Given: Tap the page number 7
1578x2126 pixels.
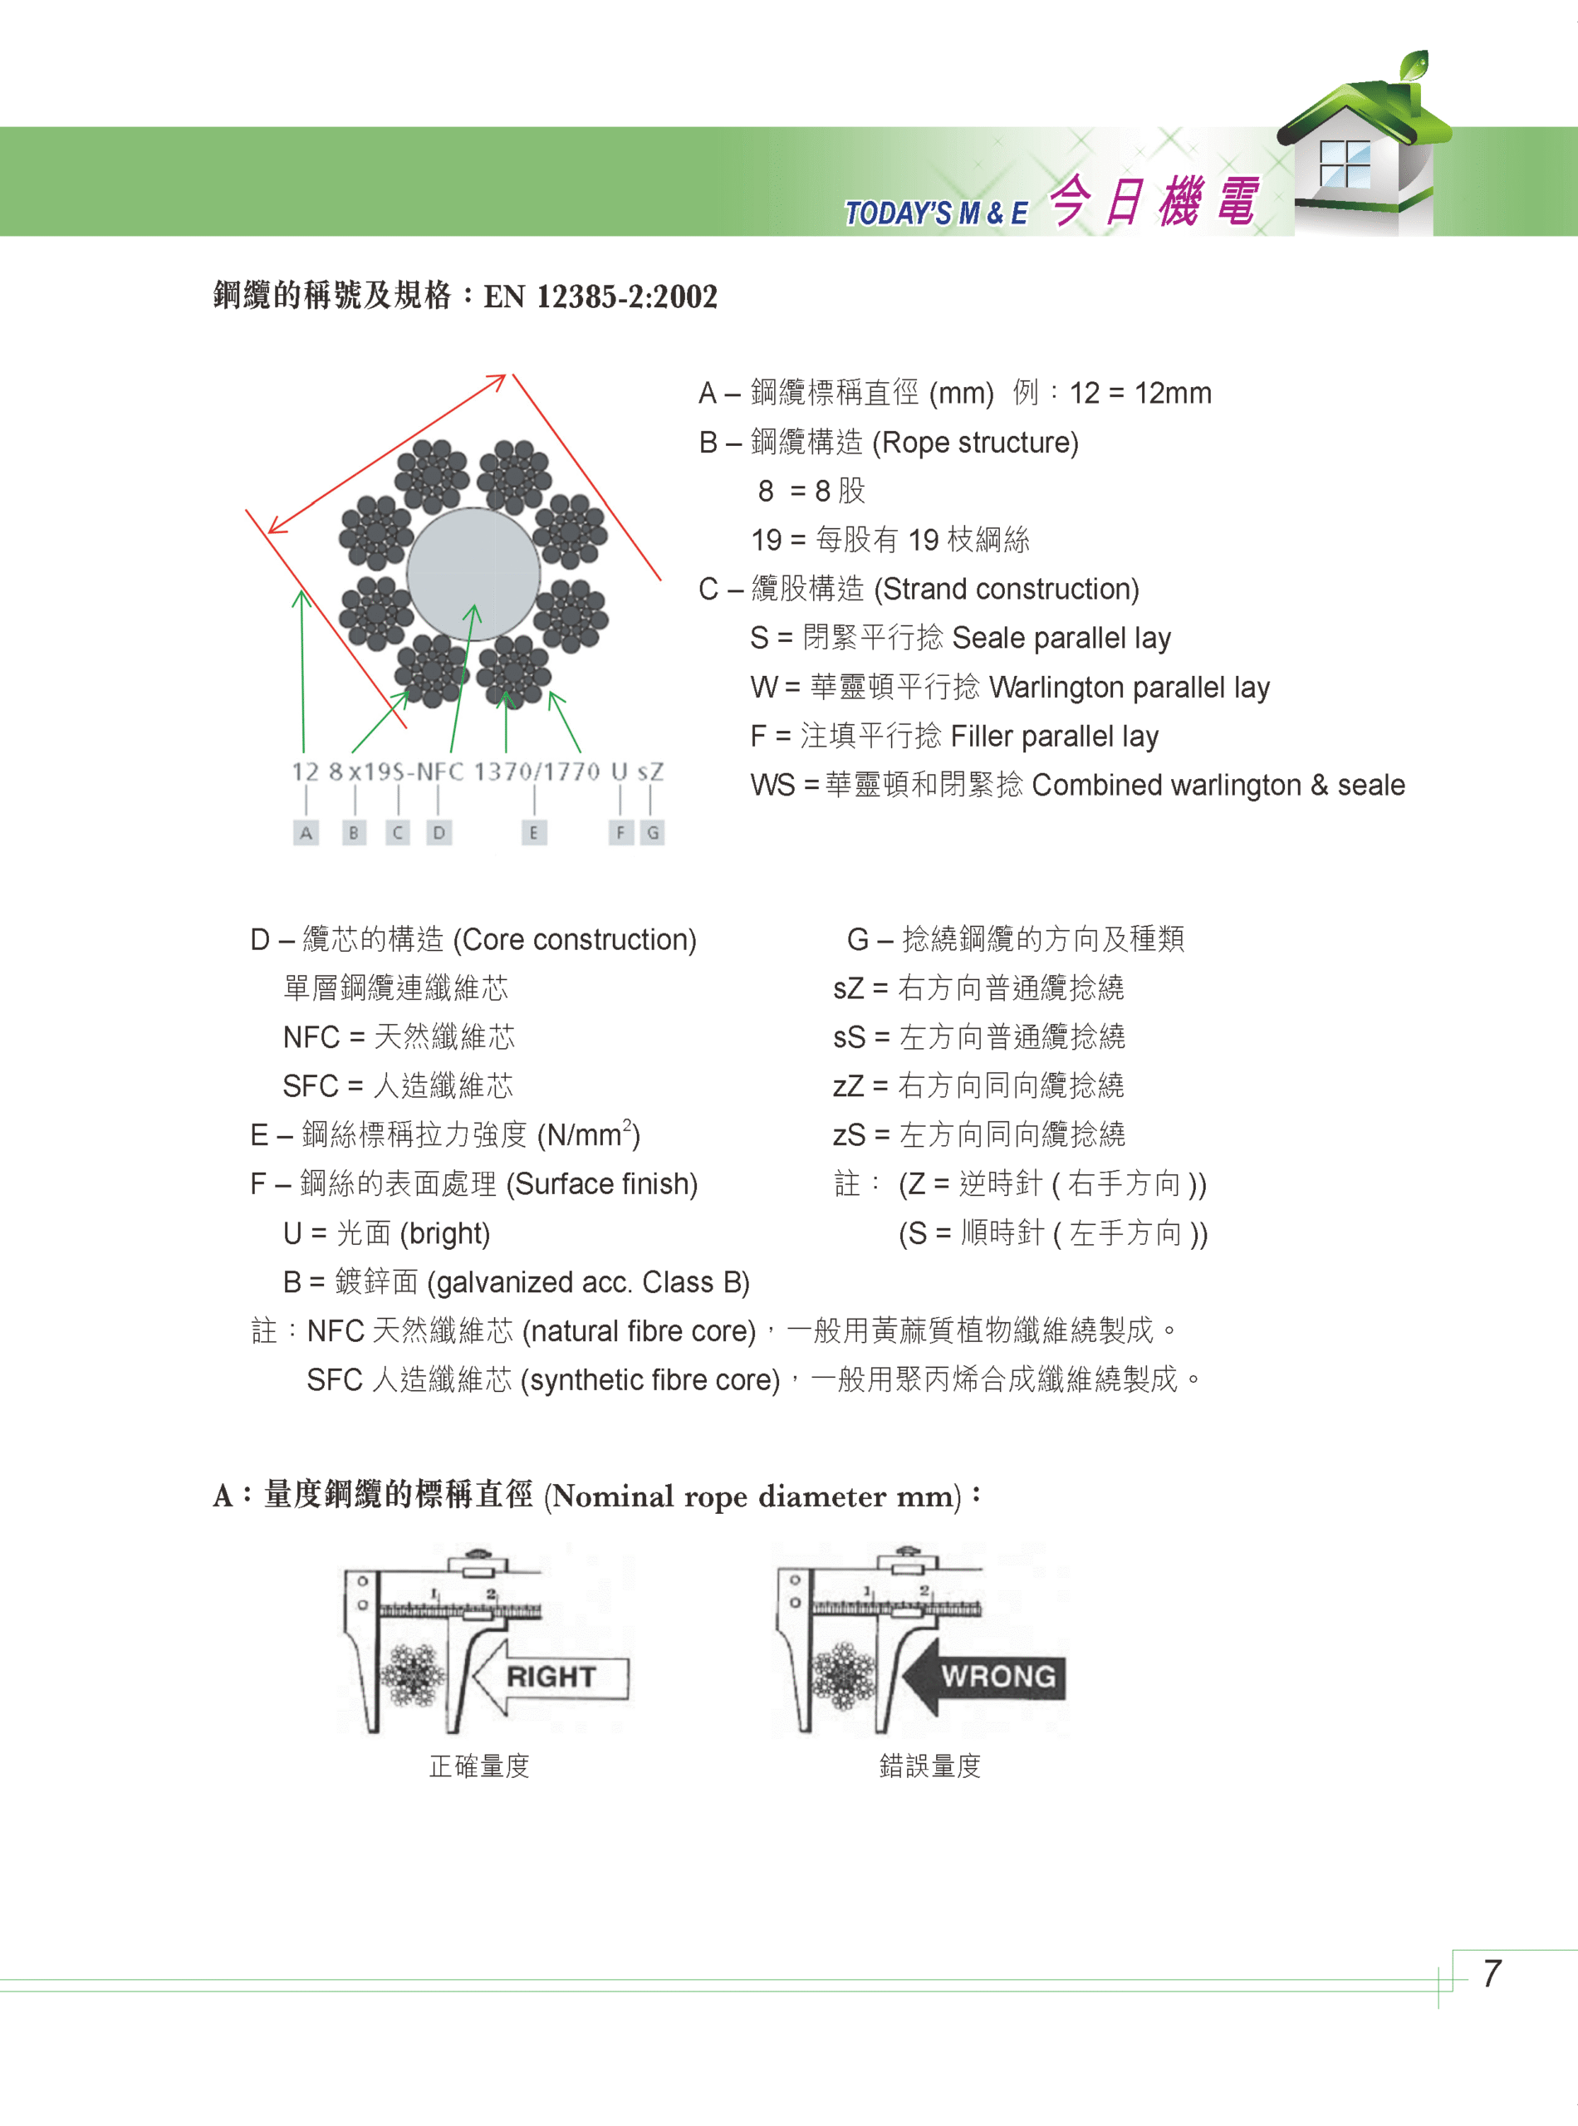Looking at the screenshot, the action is pos(1491,1973).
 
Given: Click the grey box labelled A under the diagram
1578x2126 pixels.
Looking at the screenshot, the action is pos(306,833).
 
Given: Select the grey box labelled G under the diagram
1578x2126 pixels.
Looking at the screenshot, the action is pos(653,833).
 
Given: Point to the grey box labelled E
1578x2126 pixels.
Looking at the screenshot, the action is pos(533,833).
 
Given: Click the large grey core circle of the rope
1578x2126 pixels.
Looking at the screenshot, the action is pos(473,574).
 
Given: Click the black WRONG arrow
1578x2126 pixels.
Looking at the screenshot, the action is pos(984,1676).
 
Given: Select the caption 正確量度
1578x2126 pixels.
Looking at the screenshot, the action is pos(479,1766).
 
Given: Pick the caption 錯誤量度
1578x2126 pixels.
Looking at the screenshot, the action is pos(929,1766).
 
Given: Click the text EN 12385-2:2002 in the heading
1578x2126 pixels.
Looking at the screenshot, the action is pos(600,296).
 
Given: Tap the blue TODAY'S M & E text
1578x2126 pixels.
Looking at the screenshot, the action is pos(936,212).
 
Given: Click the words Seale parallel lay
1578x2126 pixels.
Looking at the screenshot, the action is pos(1061,638).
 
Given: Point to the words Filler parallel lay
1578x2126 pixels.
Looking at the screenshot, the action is pos(1055,737).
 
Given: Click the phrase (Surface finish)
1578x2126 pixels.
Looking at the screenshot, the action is pos(602,1184).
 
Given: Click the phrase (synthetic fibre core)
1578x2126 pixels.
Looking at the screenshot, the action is pos(650,1380).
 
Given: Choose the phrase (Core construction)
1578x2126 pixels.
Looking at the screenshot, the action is pos(575,940).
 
